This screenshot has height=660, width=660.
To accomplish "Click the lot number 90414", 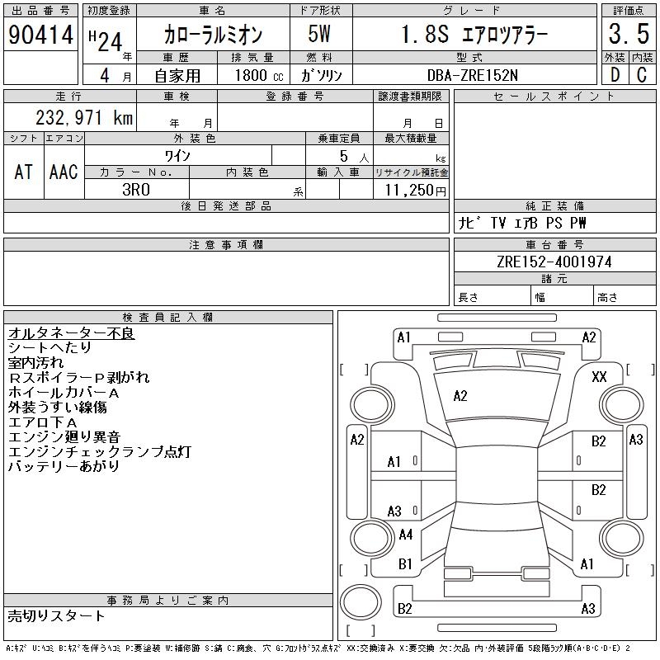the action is [x=40, y=35].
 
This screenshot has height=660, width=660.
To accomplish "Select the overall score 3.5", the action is [x=628, y=35].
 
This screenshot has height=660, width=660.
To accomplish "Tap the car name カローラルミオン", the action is [x=212, y=35].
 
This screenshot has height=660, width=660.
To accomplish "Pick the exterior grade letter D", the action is [x=615, y=73].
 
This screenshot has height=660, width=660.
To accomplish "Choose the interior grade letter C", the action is [x=640, y=73].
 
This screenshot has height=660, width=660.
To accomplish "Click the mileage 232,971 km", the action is [x=83, y=118].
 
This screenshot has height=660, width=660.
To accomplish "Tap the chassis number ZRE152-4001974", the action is [x=554, y=262].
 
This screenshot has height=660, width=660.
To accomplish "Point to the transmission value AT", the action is [x=24, y=172].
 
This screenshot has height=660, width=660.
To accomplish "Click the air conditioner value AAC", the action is [x=64, y=172].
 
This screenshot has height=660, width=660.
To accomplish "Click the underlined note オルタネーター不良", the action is [x=71, y=333].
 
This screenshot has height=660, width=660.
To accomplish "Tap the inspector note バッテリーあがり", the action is [x=64, y=466].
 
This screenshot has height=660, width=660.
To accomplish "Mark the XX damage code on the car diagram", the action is [x=600, y=376].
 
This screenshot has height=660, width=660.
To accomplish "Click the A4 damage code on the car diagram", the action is [x=405, y=535].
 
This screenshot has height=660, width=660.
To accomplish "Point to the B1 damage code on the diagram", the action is [x=405, y=564].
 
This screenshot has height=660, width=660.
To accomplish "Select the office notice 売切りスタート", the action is [x=57, y=615].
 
